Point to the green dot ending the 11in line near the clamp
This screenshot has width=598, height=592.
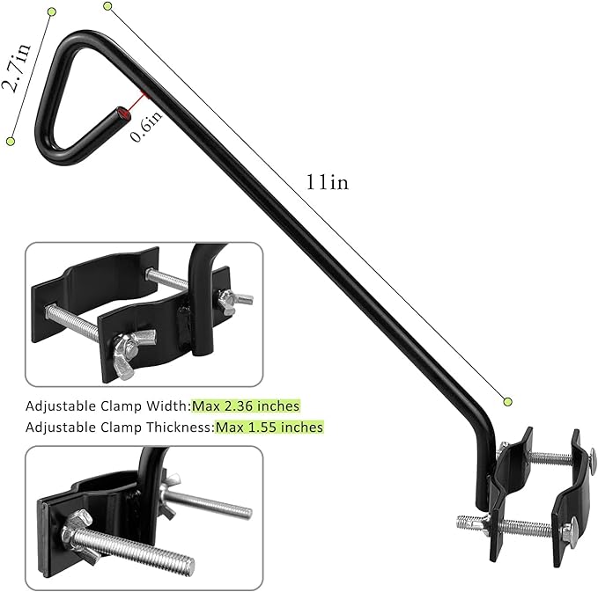tap(507, 401)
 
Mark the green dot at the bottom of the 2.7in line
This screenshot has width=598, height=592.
tap(11, 140)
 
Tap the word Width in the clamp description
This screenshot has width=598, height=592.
tap(172, 406)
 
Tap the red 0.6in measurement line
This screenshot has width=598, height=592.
tap(133, 106)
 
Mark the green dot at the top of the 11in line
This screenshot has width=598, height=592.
tap(108, 6)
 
